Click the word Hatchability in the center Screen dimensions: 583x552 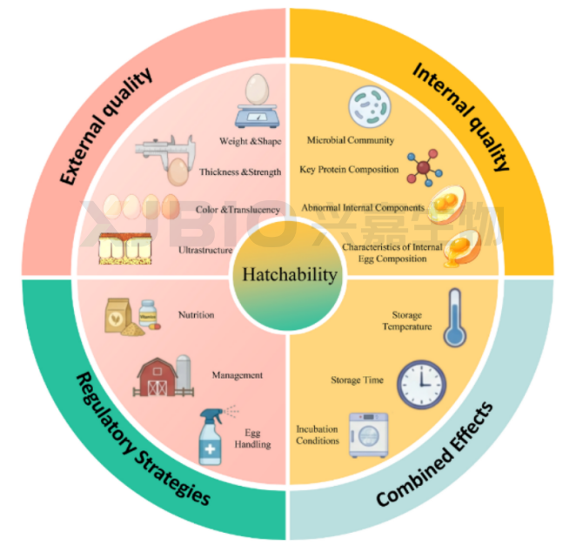point(290,275)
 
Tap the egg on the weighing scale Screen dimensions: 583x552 point(257,89)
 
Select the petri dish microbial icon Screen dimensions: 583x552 point(370,106)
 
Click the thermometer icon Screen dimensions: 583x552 point(454,317)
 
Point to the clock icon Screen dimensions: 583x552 point(421,384)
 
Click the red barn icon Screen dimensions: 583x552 point(157,376)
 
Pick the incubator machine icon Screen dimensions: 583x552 point(368,434)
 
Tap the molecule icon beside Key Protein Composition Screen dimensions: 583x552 point(425,168)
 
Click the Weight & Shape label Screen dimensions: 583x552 point(251,141)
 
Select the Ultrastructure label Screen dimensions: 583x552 point(205,250)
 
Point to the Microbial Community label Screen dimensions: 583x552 point(351,140)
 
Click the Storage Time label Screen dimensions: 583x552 point(357,380)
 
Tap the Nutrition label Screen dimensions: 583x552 point(197,315)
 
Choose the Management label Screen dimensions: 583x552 point(238,375)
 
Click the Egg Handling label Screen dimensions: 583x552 point(252,439)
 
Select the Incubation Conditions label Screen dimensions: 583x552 point(318,434)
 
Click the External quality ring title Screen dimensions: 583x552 point(106,125)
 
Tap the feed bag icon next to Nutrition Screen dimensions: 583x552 point(117,315)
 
